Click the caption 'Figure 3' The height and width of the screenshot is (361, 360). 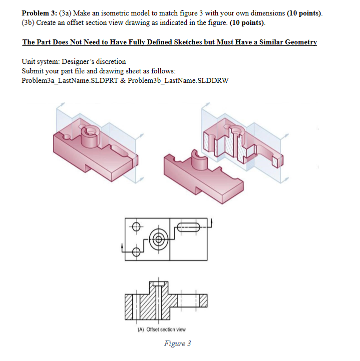[x=177, y=343]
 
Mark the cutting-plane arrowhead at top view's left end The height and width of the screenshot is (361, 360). [x=123, y=246]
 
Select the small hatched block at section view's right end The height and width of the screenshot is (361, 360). [x=202, y=301]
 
